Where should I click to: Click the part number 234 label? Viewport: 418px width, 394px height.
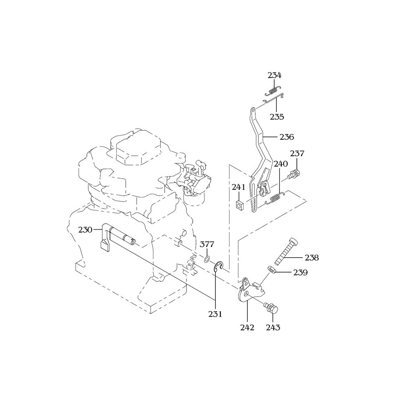click(275, 76)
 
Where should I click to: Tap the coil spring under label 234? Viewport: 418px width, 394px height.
click(273, 91)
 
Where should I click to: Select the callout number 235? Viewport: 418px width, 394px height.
click(277, 116)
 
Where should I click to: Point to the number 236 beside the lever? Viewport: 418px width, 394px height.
click(287, 137)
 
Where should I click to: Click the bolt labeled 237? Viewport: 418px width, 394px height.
click(295, 174)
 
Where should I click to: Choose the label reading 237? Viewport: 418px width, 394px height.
click(297, 153)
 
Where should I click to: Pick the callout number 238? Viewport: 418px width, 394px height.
click(312, 258)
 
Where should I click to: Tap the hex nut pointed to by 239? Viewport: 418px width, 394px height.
click(271, 269)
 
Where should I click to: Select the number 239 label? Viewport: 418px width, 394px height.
click(301, 273)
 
